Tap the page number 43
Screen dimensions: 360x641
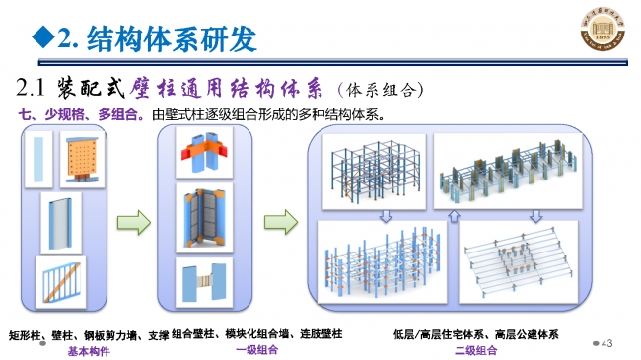(606, 343)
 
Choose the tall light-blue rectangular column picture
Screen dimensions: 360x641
(37, 158)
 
